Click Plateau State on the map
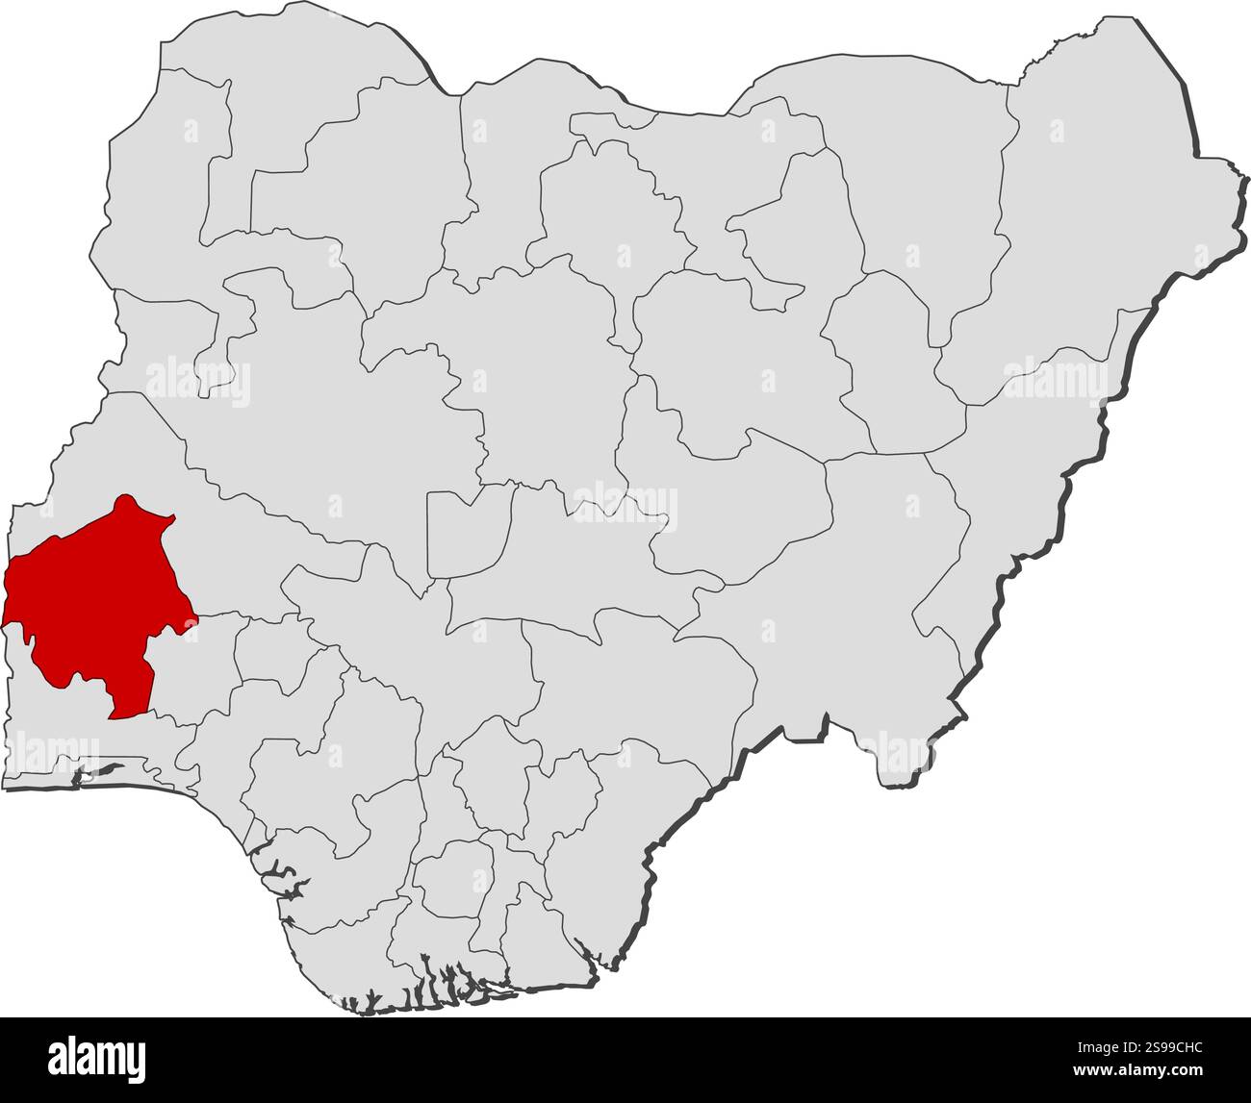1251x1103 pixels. tap(731, 500)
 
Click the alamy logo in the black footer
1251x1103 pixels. tap(97, 1059)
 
